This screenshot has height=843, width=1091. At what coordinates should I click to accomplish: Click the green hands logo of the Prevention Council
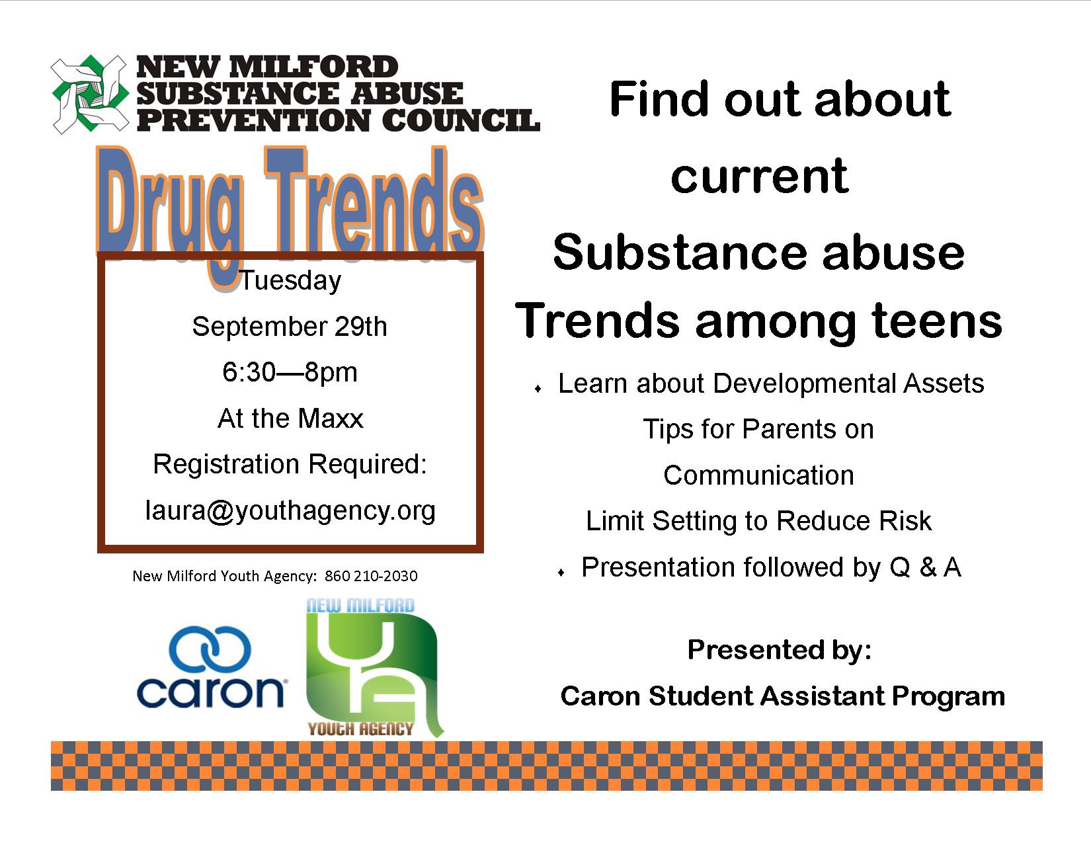point(89,95)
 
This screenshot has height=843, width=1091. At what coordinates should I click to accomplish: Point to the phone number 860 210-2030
point(371,576)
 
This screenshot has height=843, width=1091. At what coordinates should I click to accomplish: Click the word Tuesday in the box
point(291,280)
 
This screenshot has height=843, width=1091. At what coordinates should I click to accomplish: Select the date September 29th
point(290,327)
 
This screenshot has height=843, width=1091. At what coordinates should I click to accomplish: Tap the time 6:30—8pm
point(290,373)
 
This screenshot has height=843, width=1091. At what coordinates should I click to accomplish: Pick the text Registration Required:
point(290,464)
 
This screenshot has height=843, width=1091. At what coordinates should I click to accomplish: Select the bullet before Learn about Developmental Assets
point(538,389)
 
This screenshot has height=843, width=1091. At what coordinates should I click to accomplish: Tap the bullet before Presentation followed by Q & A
point(561,573)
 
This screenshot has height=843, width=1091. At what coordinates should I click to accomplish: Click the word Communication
point(758,475)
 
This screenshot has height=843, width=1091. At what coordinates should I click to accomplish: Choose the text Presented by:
point(779,650)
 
